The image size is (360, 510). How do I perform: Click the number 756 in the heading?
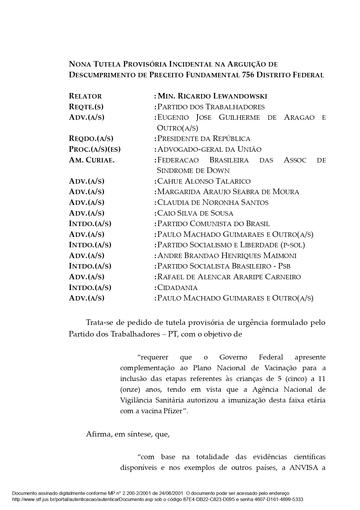(248, 75)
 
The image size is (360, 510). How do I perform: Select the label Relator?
(85, 96)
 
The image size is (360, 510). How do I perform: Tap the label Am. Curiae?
(91, 160)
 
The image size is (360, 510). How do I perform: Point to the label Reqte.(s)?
(86, 107)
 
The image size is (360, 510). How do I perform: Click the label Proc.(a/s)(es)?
(95, 149)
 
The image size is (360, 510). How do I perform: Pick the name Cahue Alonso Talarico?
(204, 181)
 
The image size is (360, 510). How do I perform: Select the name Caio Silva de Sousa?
(195, 213)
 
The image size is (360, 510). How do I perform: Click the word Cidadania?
(177, 288)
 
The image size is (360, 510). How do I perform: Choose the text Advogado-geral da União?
(209, 149)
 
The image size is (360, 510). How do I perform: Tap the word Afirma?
(98, 434)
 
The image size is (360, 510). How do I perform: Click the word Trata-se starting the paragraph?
(99, 323)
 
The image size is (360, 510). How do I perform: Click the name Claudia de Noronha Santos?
(213, 203)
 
